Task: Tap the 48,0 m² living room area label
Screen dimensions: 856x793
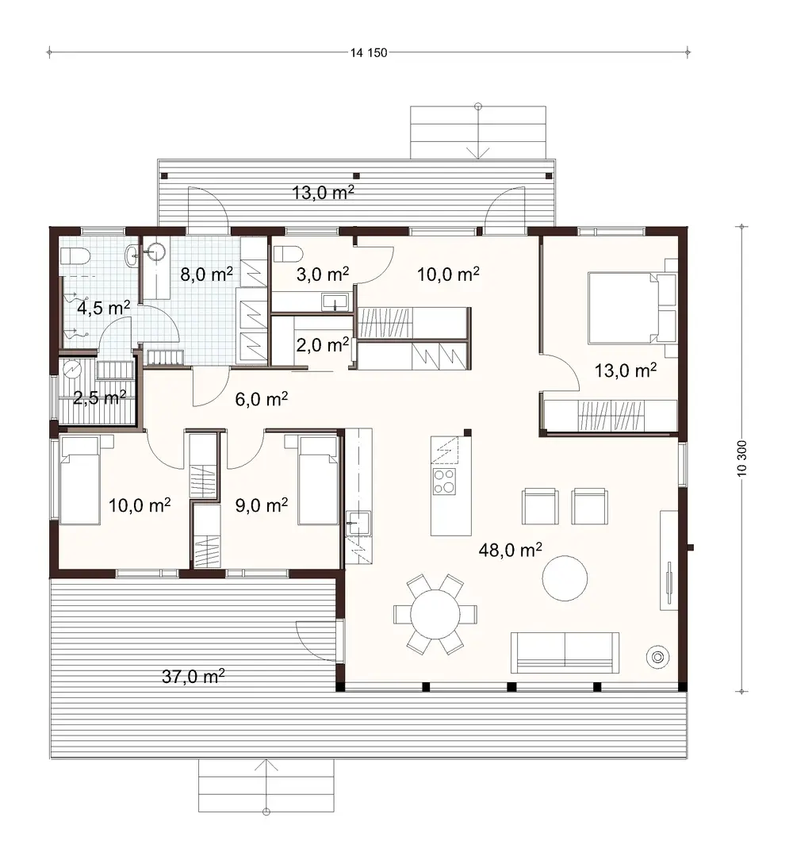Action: pyautogui.click(x=511, y=549)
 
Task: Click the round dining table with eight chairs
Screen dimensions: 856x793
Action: pyautogui.click(x=435, y=614)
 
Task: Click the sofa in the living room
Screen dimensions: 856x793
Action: pyautogui.click(x=565, y=651)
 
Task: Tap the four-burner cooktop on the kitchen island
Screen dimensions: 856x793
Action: pyautogui.click(x=444, y=480)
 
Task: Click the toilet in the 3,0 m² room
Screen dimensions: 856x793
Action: pyautogui.click(x=288, y=254)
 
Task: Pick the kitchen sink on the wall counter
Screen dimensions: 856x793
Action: pyautogui.click(x=354, y=523)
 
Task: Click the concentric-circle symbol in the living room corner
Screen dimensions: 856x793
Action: pyautogui.click(x=657, y=656)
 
